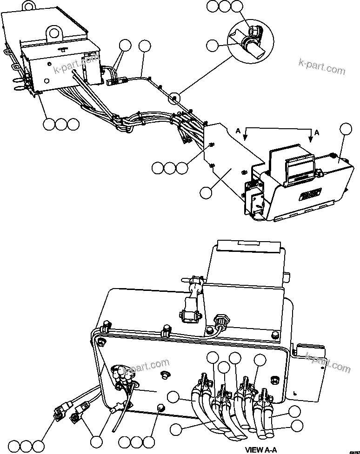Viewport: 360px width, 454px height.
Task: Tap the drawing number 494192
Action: [353, 450]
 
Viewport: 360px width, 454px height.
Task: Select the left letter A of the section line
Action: [238, 132]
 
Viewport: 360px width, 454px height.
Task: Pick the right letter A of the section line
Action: [317, 132]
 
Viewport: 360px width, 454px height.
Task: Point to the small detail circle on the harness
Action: [174, 98]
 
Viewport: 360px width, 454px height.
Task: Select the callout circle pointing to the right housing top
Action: [345, 130]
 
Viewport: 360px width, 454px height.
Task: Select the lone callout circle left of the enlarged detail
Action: [212, 45]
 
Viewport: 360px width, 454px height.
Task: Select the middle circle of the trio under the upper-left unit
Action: [60, 124]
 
